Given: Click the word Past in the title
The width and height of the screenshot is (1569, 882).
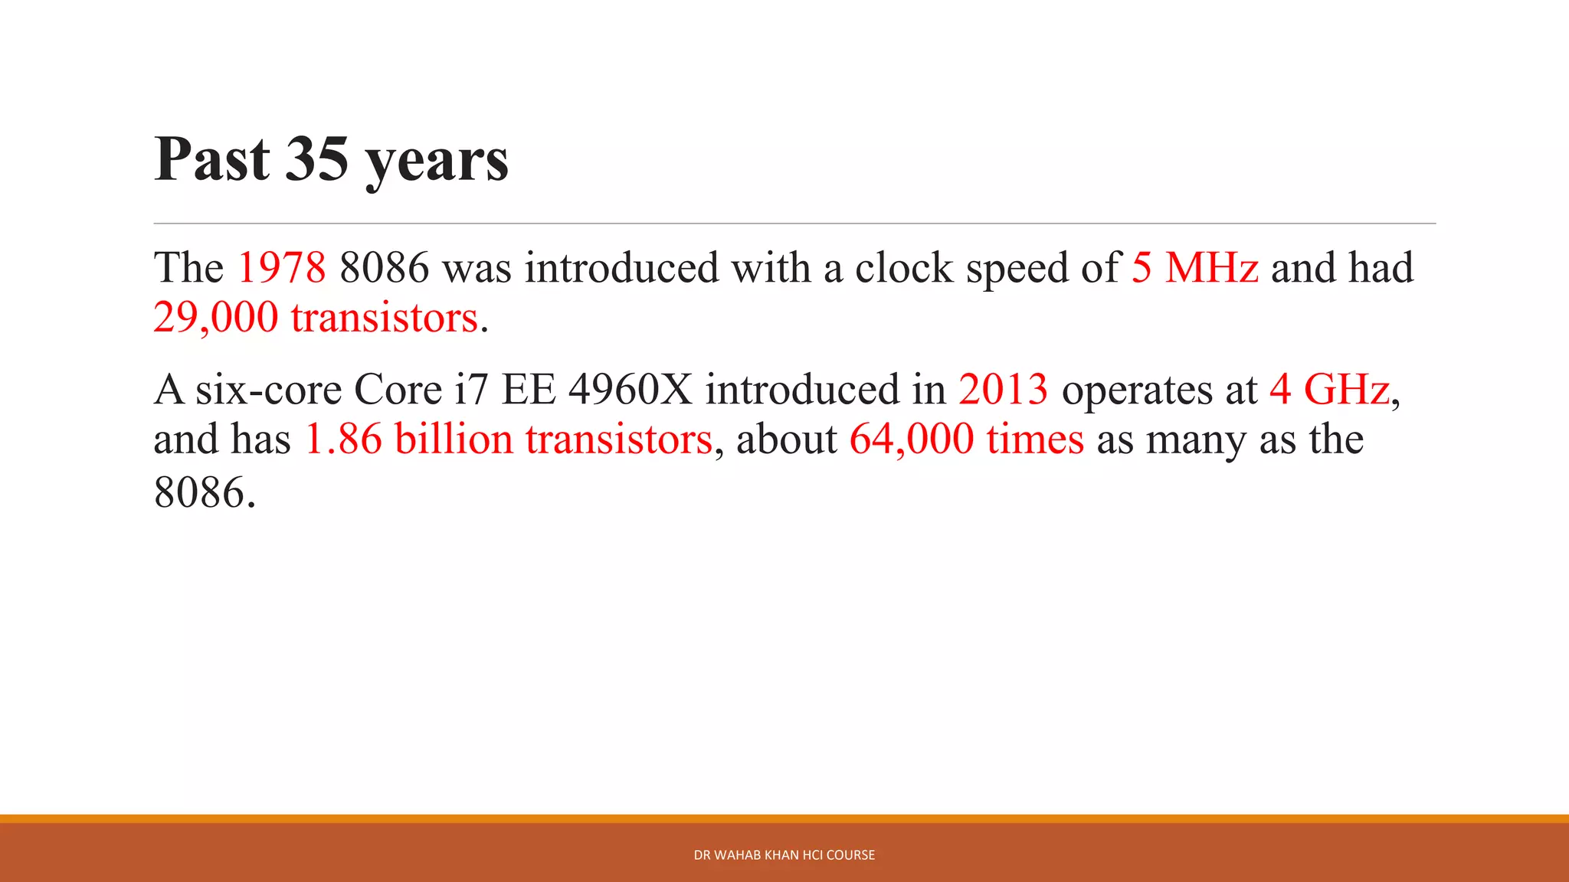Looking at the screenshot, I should tap(212, 159).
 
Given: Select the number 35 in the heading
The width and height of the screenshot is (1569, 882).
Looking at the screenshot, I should tap(316, 159).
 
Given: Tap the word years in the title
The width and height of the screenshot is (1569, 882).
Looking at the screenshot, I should tap(437, 162).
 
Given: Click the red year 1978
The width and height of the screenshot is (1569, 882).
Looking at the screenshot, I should tap(281, 268).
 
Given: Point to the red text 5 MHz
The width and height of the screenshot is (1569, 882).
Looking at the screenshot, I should tap(1194, 268).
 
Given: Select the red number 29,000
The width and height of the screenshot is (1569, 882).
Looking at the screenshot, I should tap(215, 318).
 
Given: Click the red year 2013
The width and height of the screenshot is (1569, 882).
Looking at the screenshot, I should tap(1003, 390).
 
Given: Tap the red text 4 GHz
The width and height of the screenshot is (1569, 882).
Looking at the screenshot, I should tap(1329, 390).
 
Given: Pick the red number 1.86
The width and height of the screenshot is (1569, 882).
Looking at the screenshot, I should tap(343, 439).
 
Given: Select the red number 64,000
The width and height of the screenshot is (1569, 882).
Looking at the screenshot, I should tap(912, 439).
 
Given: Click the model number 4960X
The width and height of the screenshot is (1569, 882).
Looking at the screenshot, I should tap(630, 390).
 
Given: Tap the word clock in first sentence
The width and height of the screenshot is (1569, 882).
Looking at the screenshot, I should tap(903, 268).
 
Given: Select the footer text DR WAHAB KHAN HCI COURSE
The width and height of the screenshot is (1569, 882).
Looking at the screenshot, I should tap(784, 855).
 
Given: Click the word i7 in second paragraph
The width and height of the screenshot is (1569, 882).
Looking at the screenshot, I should tap(471, 390).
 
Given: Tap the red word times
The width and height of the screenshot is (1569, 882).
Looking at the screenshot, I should tap(1035, 439).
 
